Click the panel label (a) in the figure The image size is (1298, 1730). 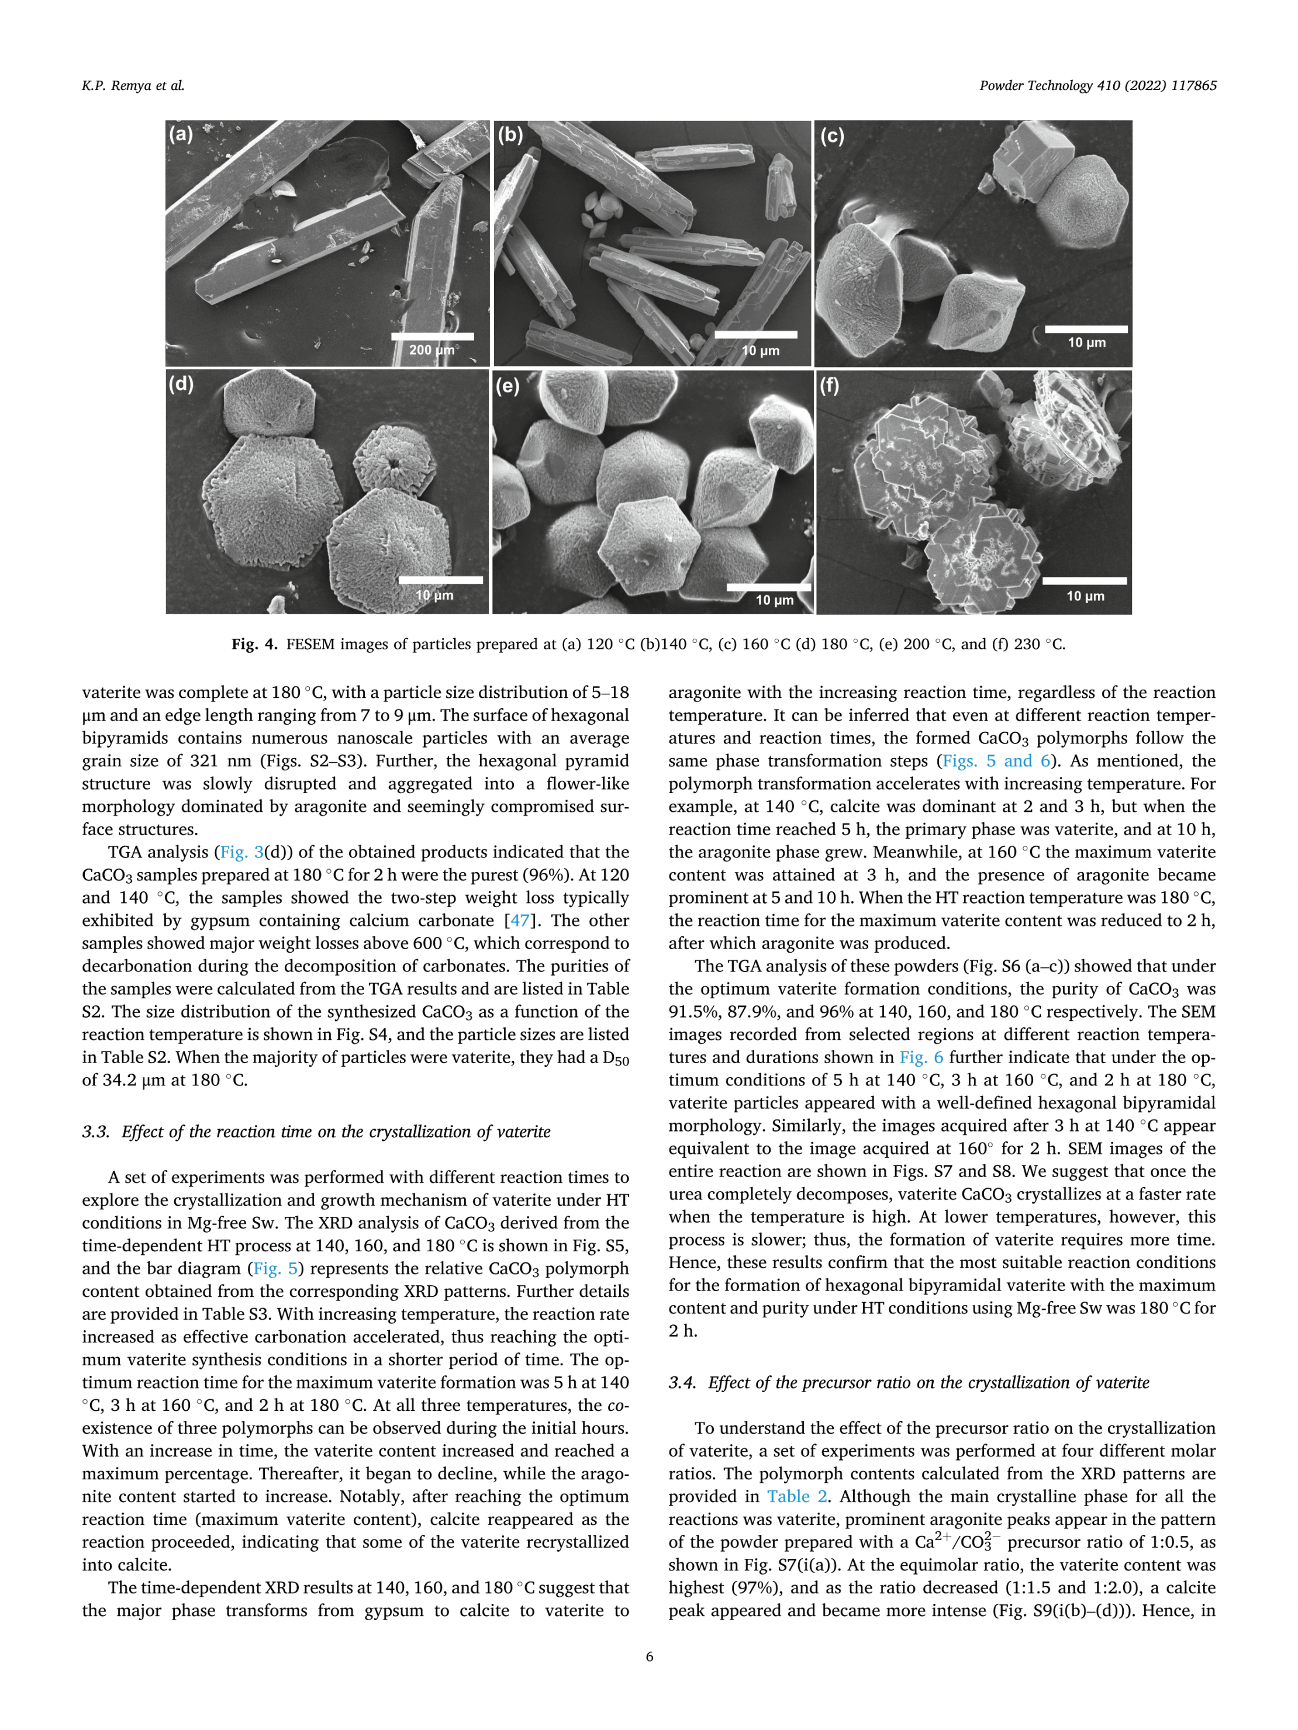click(x=181, y=134)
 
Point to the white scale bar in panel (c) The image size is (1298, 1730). click(x=1086, y=329)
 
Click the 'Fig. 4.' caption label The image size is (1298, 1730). click(x=254, y=645)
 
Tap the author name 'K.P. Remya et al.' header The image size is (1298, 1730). click(x=133, y=86)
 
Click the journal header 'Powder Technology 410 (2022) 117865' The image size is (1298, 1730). click(x=1097, y=86)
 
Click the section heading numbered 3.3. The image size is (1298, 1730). click(x=316, y=1132)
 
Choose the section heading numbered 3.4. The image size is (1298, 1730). click(x=909, y=1383)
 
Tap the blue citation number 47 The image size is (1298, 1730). click(x=520, y=921)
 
